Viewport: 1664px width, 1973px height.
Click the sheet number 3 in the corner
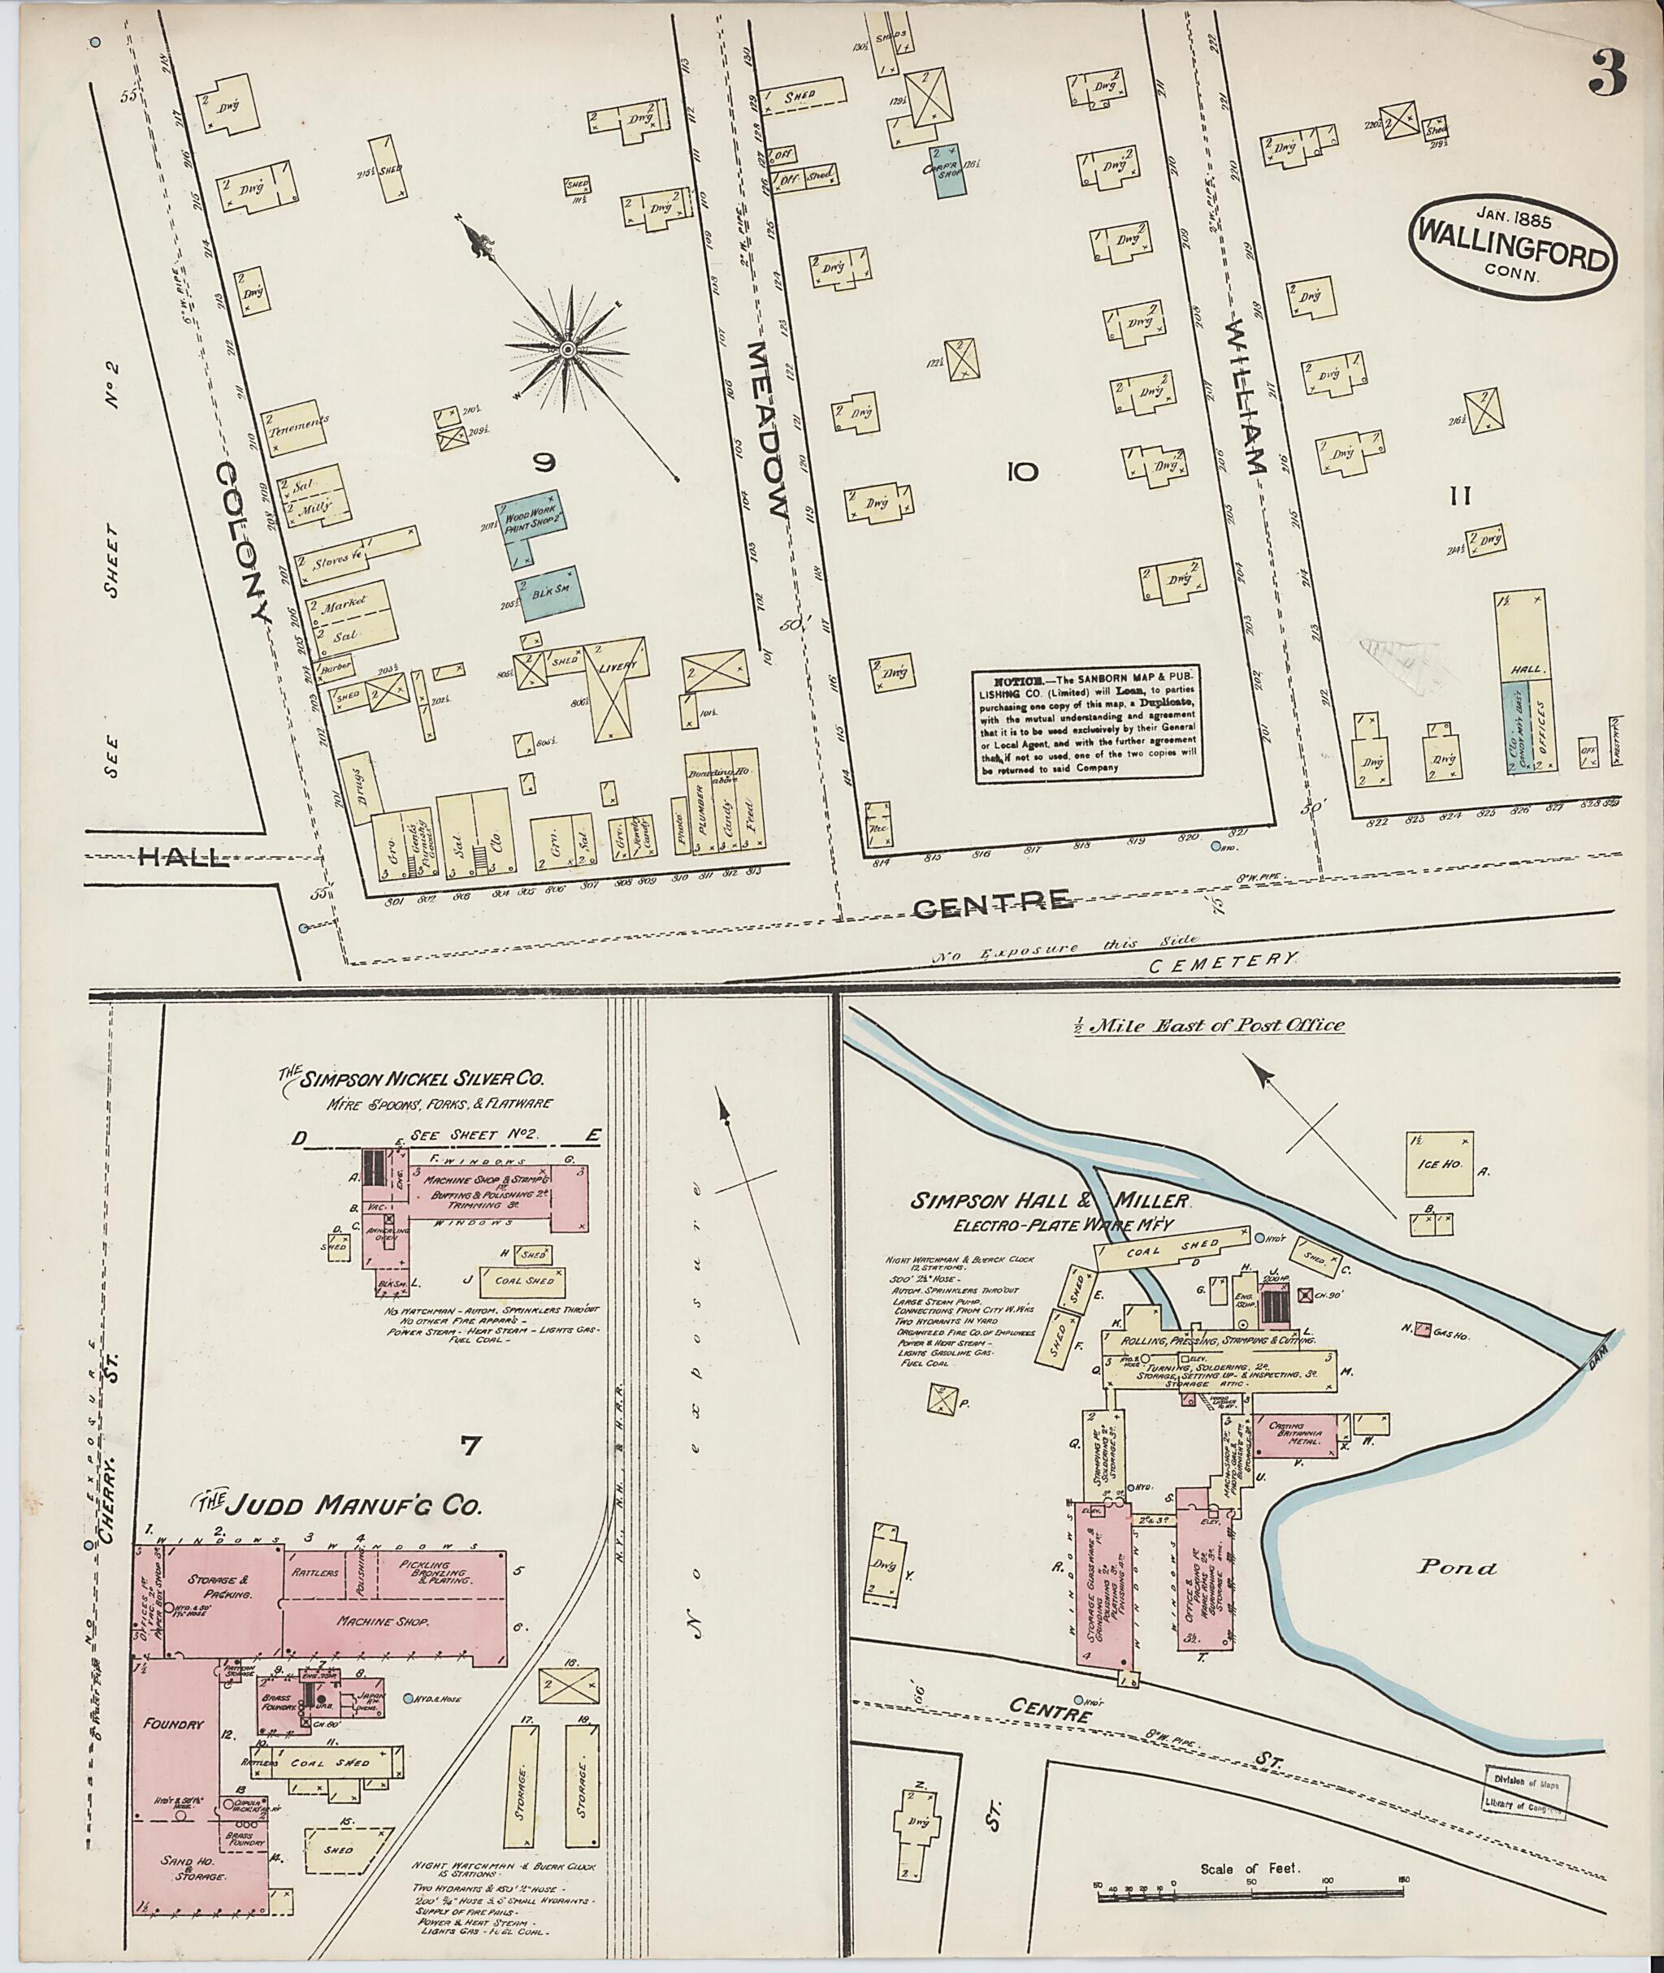(1606, 72)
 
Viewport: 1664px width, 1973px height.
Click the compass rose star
(568, 351)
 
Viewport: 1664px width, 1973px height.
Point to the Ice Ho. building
(1440, 1165)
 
